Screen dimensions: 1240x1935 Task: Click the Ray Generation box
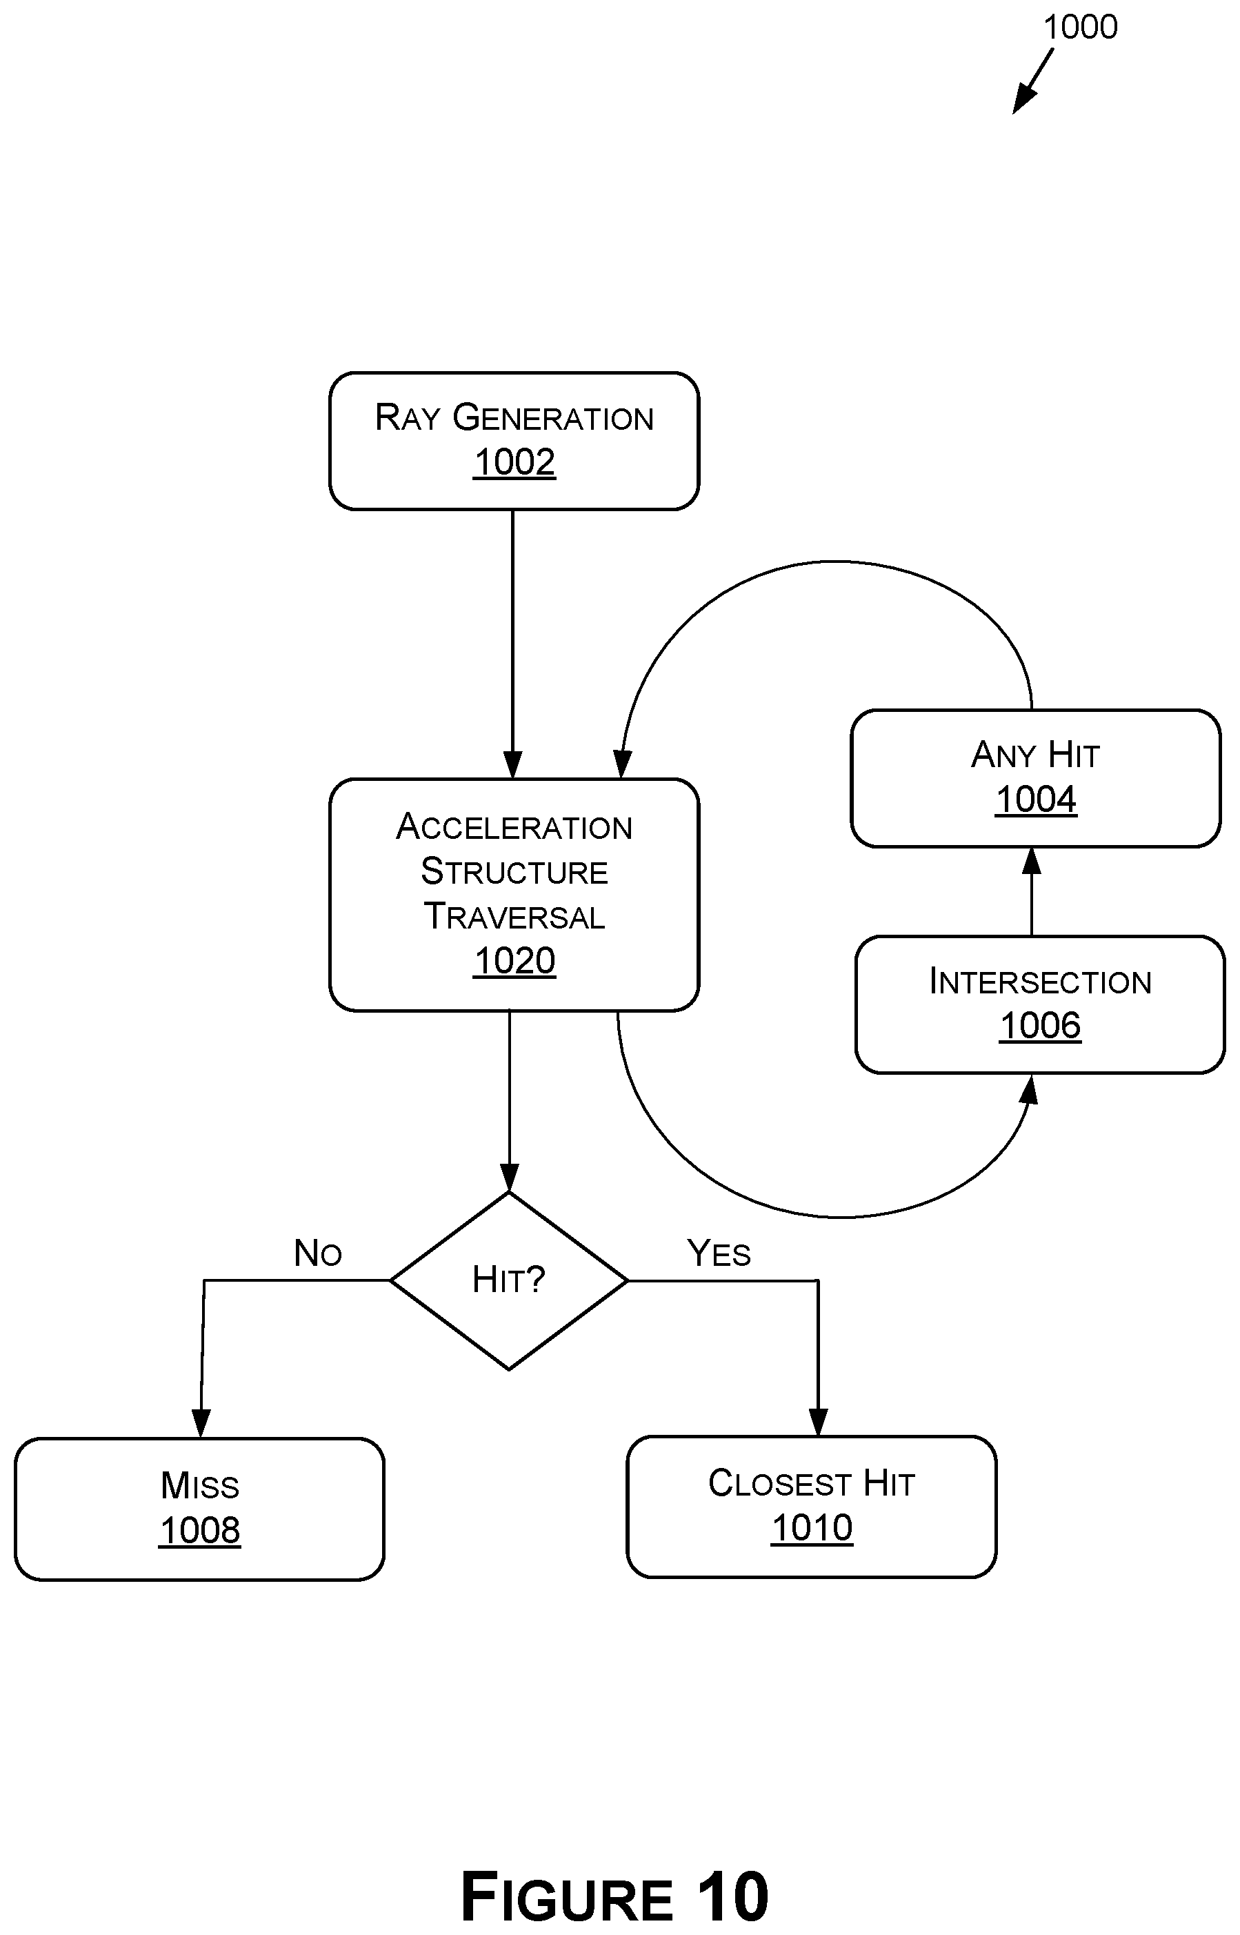click(x=514, y=441)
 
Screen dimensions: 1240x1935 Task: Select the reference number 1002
click(x=514, y=462)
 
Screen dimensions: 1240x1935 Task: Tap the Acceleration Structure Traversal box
click(x=514, y=895)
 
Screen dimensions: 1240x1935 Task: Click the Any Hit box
click(x=1035, y=778)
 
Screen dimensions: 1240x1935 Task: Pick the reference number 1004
click(x=1035, y=800)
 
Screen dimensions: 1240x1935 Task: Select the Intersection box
click(x=1039, y=1004)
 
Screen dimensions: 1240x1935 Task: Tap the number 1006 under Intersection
click(x=1039, y=1026)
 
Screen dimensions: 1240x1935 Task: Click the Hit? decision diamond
click(x=509, y=1280)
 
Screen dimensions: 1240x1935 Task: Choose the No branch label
click(x=317, y=1253)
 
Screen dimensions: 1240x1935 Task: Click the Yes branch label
click(x=718, y=1253)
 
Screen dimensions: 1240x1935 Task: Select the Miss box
click(x=200, y=1509)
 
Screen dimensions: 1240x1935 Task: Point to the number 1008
click(x=200, y=1531)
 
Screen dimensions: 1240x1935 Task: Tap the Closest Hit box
click(x=812, y=1507)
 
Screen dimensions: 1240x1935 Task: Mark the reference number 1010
click(x=812, y=1527)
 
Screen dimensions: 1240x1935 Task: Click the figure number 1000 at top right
click(x=1080, y=28)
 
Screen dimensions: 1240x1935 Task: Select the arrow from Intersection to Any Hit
click(x=1032, y=891)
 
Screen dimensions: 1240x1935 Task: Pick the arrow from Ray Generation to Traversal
click(x=513, y=644)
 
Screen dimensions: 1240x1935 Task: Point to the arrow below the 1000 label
click(x=1032, y=81)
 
